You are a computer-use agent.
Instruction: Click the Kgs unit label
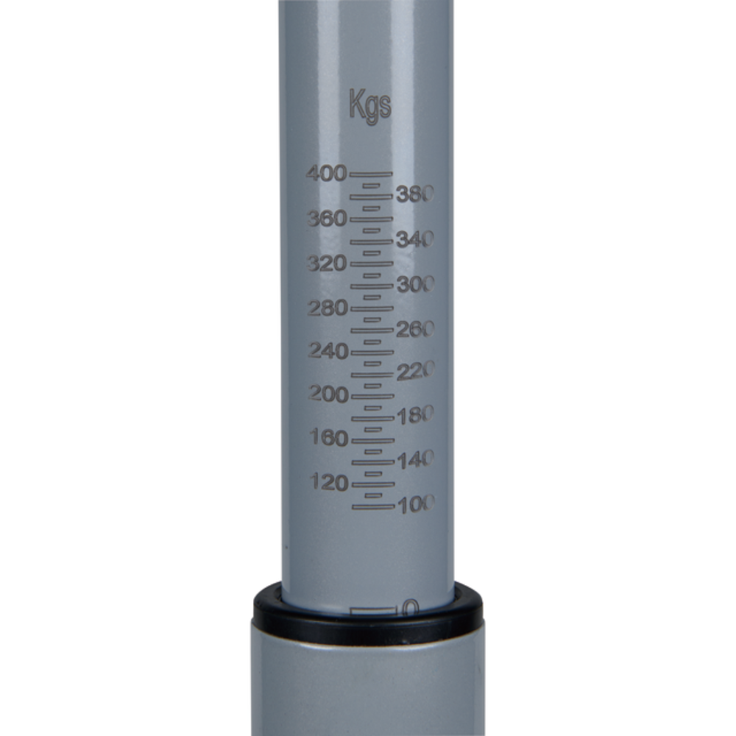[370, 107]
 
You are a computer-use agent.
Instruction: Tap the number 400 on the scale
[326, 174]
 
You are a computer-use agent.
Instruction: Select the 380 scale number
[415, 194]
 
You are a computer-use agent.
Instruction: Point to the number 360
[328, 219]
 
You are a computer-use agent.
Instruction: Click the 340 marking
[415, 240]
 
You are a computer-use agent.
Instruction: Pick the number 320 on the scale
[328, 263]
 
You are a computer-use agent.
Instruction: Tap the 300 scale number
[416, 284]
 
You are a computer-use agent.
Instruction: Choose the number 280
[328, 309]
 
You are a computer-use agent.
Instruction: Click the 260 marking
[416, 330]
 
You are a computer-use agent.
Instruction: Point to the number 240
[328, 351]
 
